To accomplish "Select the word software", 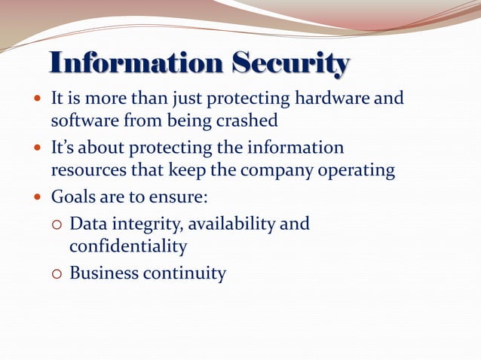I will tap(83, 120).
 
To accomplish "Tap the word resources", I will tap(86, 170).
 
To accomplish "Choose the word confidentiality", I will tap(128, 246).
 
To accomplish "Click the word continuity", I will tap(185, 273).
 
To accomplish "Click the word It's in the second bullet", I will tap(62, 148).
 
